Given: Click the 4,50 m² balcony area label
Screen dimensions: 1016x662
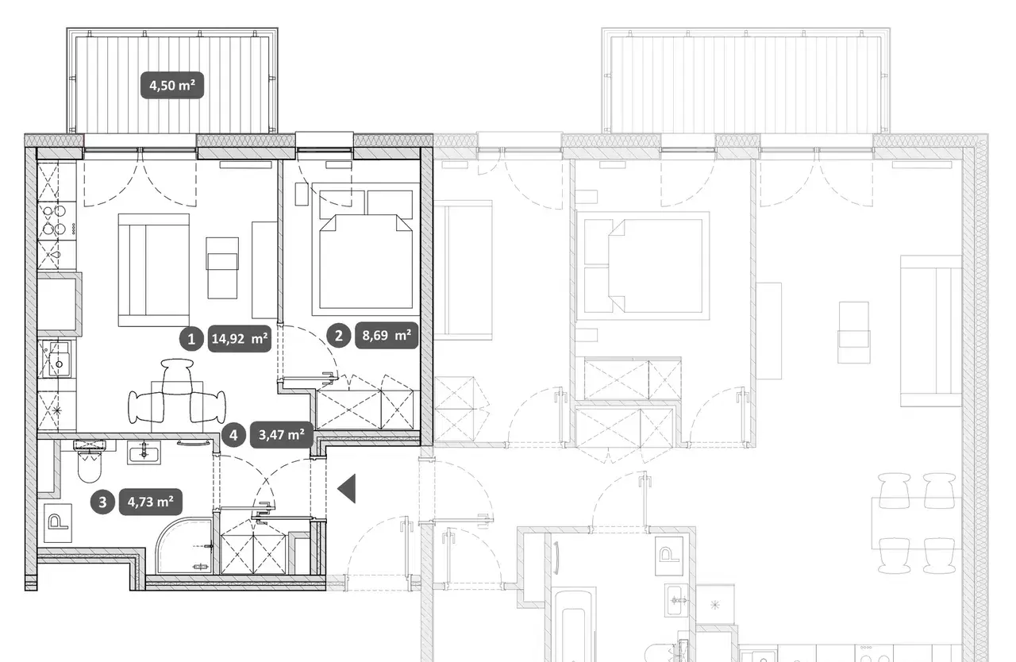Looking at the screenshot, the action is click(x=172, y=85).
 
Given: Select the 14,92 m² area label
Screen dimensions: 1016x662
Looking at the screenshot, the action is click(x=240, y=339).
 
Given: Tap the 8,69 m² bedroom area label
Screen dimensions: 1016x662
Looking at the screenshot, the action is click(x=387, y=336).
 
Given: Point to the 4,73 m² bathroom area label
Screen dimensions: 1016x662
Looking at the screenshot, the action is click(x=151, y=502).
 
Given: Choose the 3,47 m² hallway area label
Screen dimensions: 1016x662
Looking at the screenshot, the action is click(x=282, y=435).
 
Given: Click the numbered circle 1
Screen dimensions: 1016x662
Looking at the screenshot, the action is click(x=191, y=339).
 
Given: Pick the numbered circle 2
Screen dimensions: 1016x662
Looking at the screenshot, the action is click(x=338, y=336).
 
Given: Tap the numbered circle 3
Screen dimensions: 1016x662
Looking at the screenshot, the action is click(x=102, y=502).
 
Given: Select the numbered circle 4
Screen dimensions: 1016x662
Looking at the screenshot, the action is click(x=233, y=435).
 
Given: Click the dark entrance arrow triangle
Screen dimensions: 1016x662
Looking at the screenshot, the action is click(x=347, y=488).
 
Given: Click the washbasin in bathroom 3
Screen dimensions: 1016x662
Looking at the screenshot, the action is click(x=144, y=452).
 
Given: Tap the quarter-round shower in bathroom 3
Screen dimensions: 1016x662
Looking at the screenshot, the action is click(x=184, y=547).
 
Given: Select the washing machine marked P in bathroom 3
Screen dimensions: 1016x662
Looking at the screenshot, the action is click(x=58, y=522).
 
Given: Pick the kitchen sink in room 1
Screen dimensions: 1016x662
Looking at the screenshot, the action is click(x=56, y=359).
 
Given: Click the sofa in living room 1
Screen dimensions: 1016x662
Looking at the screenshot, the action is click(x=154, y=270).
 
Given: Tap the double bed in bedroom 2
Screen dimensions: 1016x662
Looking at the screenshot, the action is click(x=366, y=249).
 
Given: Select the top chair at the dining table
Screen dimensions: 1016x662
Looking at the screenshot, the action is click(x=177, y=375).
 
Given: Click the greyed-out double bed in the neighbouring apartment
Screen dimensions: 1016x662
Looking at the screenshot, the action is click(x=643, y=266).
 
